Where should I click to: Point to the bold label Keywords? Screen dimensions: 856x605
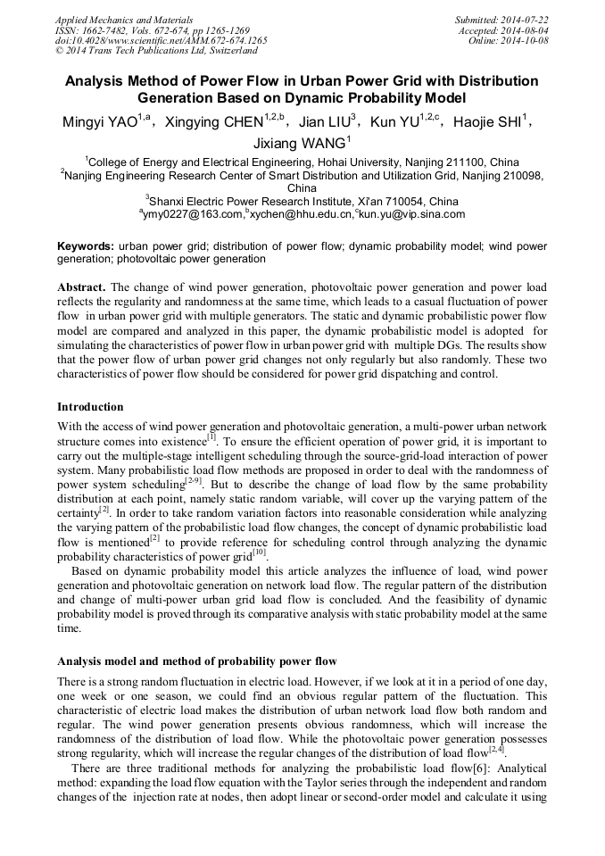(x=86, y=245)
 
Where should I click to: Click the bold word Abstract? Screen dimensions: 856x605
(x=81, y=288)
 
